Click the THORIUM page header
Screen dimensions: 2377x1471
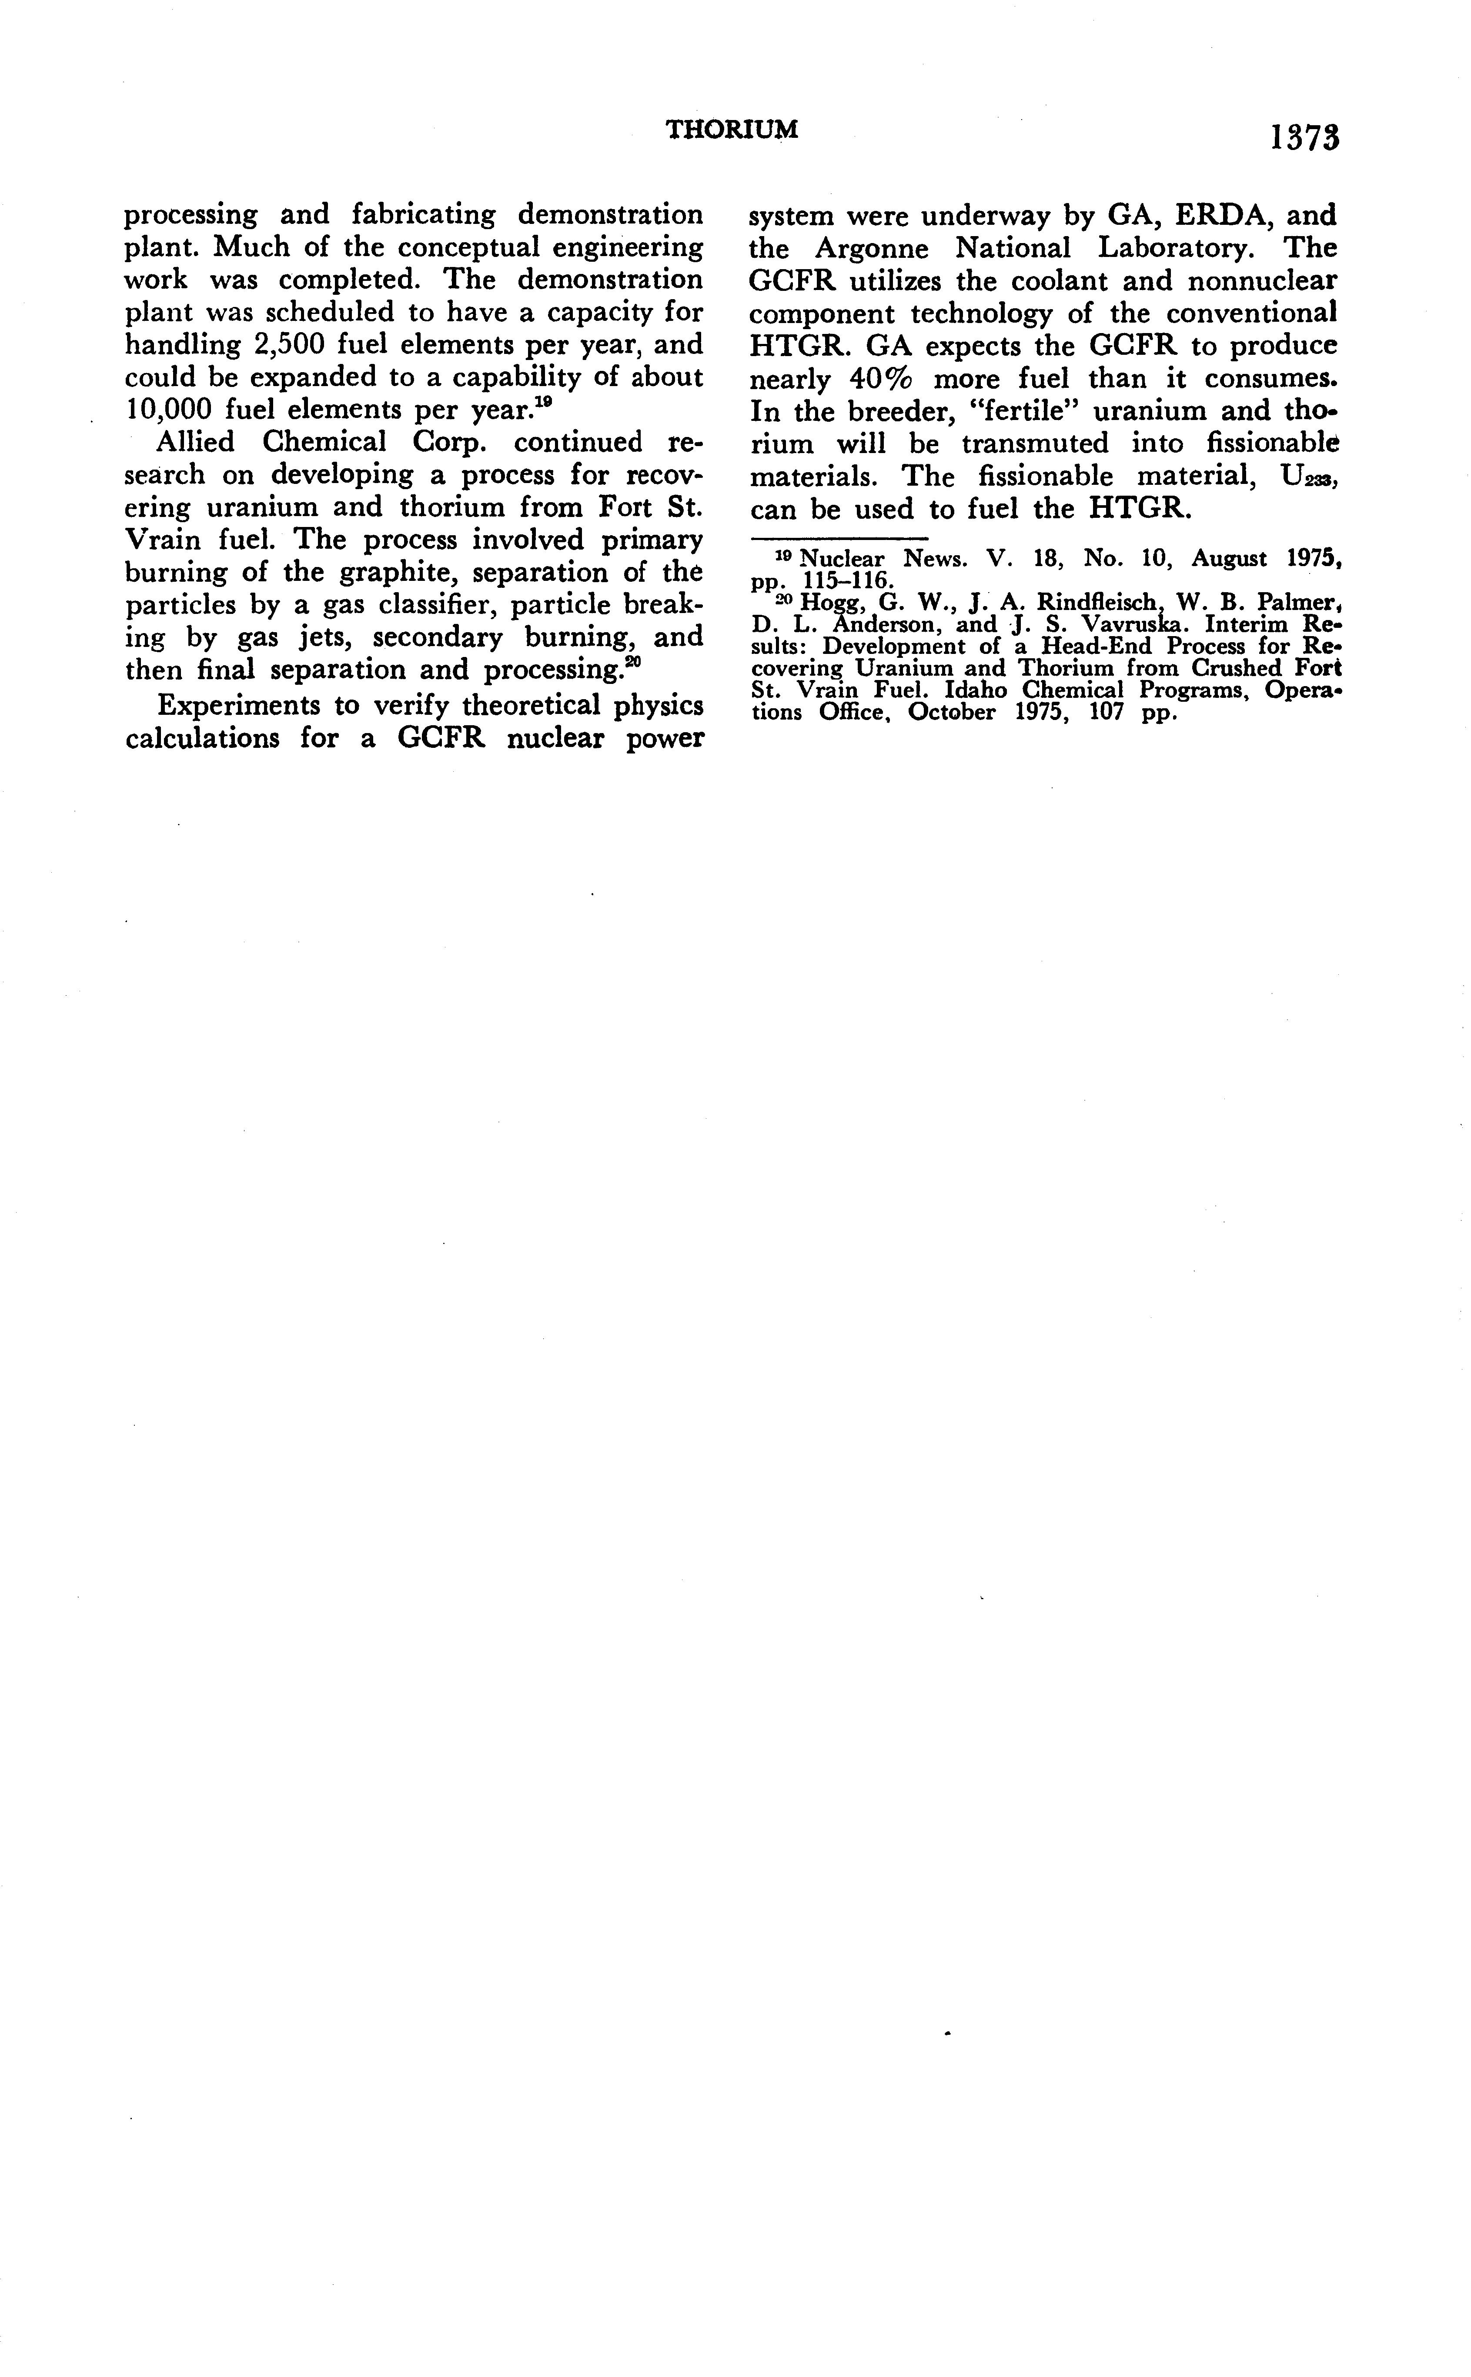tap(732, 130)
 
